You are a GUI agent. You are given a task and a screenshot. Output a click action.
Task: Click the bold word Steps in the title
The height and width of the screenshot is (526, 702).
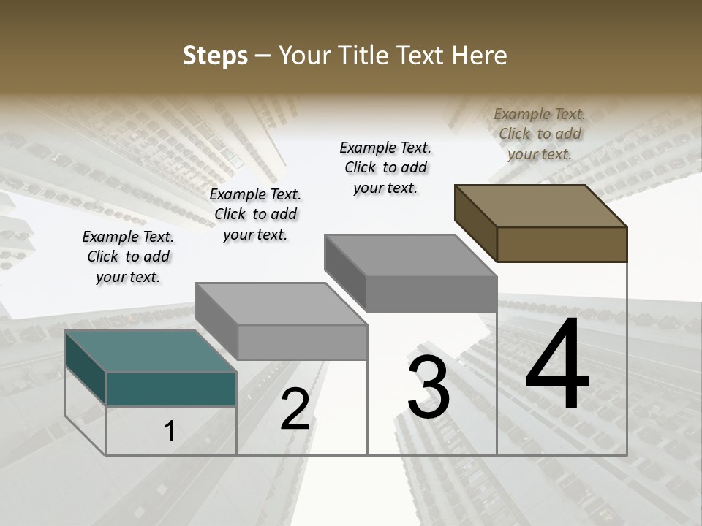coord(215,56)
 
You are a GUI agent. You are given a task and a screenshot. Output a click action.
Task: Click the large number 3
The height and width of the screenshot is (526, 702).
coord(429,386)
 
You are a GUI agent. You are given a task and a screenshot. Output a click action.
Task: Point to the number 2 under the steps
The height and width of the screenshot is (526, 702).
coord(295,409)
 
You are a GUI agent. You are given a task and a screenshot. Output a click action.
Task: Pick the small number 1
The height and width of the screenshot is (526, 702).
coord(170,431)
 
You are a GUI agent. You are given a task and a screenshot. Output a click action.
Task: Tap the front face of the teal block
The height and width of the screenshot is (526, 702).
coord(171,389)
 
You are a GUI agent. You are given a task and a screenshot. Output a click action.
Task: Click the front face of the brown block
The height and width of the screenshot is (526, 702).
coord(562,244)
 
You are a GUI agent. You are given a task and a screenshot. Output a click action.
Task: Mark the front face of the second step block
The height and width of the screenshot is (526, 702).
coord(302,342)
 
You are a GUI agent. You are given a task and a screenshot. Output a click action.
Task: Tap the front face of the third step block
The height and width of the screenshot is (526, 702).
coord(431,294)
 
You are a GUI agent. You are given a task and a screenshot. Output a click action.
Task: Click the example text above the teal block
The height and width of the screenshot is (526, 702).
coord(128,256)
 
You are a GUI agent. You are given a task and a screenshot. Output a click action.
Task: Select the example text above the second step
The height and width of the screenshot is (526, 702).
coord(255,214)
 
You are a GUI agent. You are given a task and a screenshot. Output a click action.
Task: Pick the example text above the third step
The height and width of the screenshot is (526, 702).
coord(385,167)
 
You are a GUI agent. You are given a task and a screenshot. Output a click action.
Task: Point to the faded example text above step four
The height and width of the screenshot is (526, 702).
coord(540,134)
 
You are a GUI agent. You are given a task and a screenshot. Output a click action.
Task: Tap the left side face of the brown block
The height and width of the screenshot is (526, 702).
coord(475,222)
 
